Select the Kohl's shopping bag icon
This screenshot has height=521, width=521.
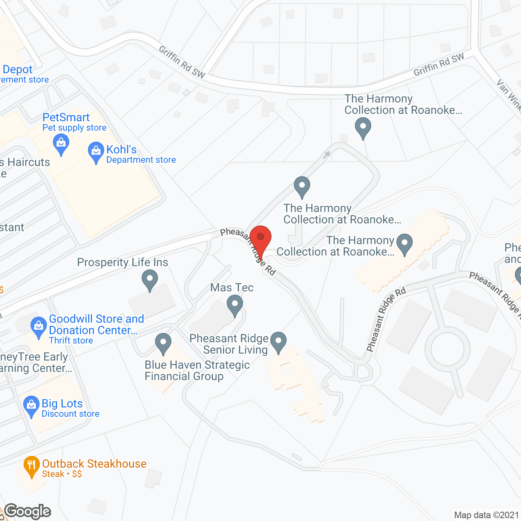pyautogui.click(x=96, y=151)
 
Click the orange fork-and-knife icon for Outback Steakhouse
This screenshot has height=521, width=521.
pyautogui.click(x=31, y=466)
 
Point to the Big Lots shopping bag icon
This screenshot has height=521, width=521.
pyautogui.click(x=31, y=406)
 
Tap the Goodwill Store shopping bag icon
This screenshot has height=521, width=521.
pyautogui.click(x=39, y=326)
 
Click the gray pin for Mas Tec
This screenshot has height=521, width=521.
pyautogui.click(x=235, y=305)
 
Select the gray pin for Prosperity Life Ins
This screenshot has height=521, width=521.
pyautogui.click(x=150, y=280)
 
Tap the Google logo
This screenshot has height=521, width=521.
pyautogui.click(x=28, y=511)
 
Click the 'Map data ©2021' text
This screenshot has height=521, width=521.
pyautogui.click(x=486, y=515)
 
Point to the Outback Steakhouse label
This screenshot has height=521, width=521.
pyautogui.click(x=94, y=464)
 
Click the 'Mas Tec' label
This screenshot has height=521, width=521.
pyautogui.click(x=232, y=287)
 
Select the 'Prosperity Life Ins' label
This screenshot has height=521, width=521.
pyautogui.click(x=123, y=263)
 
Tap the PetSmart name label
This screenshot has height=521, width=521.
pyautogui.click(x=66, y=118)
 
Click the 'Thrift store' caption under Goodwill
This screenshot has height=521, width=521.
pyautogui.click(x=71, y=341)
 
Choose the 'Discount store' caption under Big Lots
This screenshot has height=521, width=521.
pyautogui.click(x=70, y=414)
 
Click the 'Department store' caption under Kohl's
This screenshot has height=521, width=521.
pyautogui.click(x=141, y=160)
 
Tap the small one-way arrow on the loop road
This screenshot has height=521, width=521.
pyautogui.click(x=327, y=155)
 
